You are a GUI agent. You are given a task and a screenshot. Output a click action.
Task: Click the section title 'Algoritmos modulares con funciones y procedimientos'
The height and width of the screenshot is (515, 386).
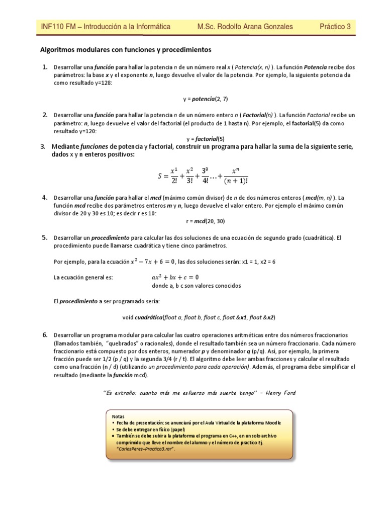[126, 50]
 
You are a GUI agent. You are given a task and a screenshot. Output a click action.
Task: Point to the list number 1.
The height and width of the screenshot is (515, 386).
[45, 67]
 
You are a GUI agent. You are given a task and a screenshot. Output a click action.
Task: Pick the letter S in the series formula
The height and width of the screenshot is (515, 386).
[161, 176]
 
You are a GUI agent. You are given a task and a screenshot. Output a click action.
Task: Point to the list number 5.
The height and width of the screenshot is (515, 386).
[45, 237]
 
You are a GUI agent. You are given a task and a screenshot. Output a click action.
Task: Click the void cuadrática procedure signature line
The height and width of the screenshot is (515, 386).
[199, 318]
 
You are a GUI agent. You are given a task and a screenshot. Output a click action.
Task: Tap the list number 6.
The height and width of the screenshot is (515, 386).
[45, 335]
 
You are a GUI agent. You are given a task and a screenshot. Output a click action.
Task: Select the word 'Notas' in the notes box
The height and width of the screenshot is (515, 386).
[117, 417]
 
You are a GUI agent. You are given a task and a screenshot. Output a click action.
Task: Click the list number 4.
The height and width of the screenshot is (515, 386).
[45, 197]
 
